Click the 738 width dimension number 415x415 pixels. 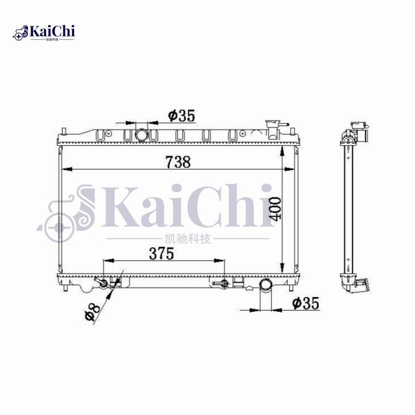click(178, 162)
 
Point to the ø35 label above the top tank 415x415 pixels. click(182, 116)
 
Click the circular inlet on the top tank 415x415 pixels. click(141, 135)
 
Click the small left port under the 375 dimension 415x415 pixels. click(103, 283)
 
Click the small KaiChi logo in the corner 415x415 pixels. click(45, 33)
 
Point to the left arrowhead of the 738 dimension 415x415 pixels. click(65, 169)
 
